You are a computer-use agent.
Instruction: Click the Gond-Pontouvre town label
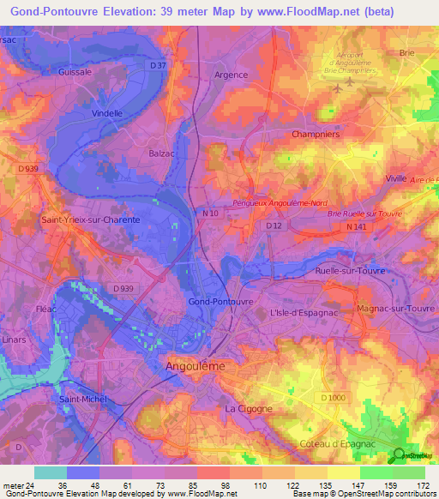220,303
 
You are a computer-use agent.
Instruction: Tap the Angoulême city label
195,365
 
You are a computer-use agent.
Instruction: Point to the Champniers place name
316,135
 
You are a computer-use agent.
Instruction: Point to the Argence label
231,75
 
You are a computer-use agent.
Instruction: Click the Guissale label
75,73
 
